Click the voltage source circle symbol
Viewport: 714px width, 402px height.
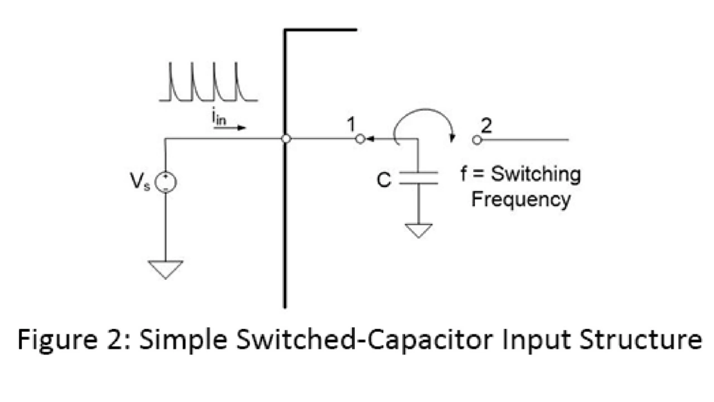166,182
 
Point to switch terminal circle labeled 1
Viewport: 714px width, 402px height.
360,139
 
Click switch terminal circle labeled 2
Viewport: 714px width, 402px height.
476,139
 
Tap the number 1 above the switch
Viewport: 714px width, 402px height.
351,125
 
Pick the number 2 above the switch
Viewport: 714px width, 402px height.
486,125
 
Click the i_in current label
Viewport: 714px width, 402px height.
220,118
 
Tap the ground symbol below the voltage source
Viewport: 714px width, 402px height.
166,269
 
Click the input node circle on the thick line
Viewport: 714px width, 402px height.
286,139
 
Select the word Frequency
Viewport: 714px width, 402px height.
520,200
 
